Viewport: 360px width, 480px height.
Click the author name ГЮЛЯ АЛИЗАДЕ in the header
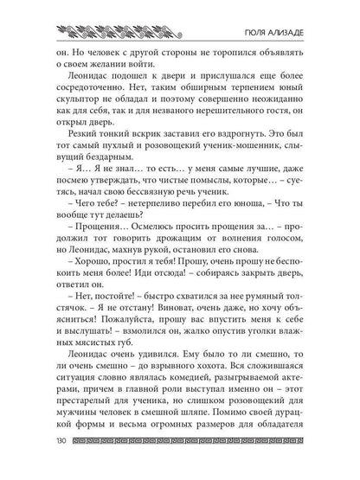[294, 26]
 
